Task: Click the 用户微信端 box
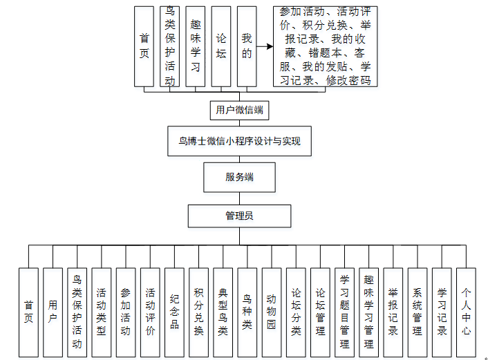(x=239, y=110)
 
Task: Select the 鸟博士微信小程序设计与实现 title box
(x=239, y=142)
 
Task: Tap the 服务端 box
(x=239, y=177)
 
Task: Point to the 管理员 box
(x=239, y=216)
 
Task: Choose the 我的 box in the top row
(x=247, y=46)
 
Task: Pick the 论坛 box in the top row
(x=221, y=46)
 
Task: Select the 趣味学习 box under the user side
(x=196, y=46)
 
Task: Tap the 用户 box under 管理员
(x=53, y=312)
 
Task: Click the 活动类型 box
(x=102, y=312)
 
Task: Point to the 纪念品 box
(x=174, y=312)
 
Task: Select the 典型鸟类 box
(x=223, y=312)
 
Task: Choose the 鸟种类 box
(x=247, y=312)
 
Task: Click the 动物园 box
(x=272, y=312)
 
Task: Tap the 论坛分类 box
(x=296, y=312)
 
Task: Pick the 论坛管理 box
(x=320, y=312)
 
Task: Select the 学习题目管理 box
(x=344, y=312)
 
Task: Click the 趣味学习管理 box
(x=368, y=312)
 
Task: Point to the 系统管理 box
(x=417, y=312)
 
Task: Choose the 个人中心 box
(x=466, y=312)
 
